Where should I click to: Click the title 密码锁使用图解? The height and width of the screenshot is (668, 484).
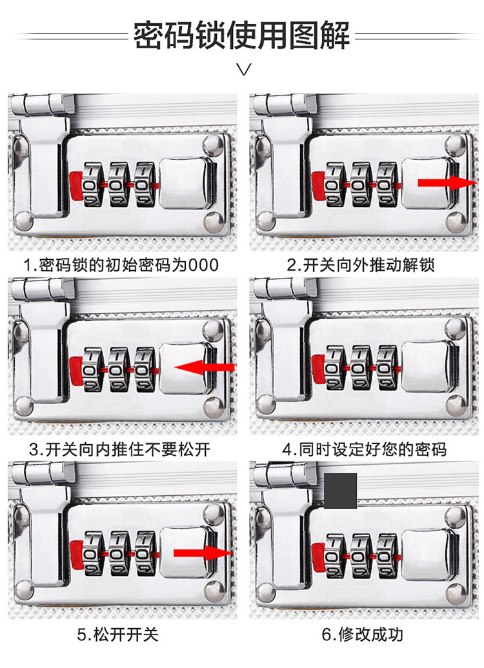pos(241,35)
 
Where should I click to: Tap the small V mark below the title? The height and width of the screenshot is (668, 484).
pos(243,70)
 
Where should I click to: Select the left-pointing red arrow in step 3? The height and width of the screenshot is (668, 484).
pos(205,368)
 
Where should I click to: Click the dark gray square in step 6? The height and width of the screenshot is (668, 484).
pos(340,490)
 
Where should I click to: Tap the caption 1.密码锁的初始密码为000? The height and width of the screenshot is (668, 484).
pos(121,264)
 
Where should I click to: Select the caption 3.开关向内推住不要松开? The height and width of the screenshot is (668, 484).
pos(121,449)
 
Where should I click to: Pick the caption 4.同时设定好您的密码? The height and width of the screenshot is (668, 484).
pos(364,449)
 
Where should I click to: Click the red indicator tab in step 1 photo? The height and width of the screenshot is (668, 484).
pos(74,185)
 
